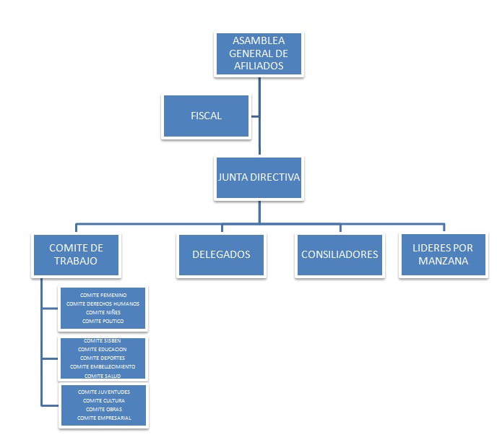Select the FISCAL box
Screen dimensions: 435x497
coord(206,116)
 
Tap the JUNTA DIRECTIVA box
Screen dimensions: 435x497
coord(259,176)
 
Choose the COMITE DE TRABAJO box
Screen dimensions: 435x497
coord(77,254)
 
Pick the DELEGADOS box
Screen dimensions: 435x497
coord(221,254)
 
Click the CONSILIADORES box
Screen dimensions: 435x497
coord(340,254)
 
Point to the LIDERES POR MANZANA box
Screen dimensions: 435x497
coord(443,254)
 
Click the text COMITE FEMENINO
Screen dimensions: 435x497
coord(103,296)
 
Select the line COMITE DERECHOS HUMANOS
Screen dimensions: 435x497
coord(103,303)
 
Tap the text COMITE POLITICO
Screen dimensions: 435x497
coord(103,321)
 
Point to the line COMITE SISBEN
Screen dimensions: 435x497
coord(103,340)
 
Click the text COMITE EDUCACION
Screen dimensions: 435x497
coord(103,349)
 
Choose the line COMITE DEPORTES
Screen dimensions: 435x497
coord(103,358)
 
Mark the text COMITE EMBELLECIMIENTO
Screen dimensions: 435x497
coord(103,367)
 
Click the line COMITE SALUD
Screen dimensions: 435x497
coord(103,376)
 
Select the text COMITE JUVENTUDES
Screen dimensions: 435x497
coord(103,392)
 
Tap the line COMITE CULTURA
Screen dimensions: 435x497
coord(103,400)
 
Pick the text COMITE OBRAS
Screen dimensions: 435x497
coord(103,409)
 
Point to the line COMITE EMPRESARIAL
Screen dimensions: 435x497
coord(103,418)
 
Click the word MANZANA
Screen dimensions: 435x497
coord(443,260)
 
